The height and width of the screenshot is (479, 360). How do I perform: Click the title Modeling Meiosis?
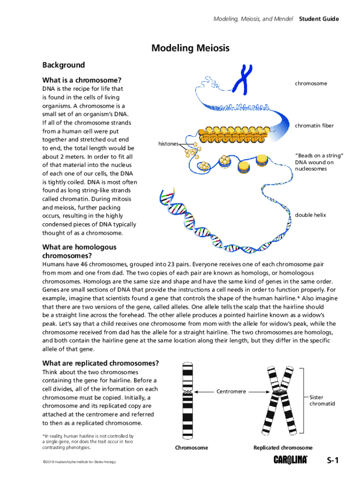tap(190, 48)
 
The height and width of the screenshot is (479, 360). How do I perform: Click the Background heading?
tap(64, 65)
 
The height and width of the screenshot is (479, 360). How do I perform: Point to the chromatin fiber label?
tap(314, 125)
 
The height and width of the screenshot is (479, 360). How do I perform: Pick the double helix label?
tap(310, 215)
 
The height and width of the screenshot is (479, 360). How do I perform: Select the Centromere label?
tap(231, 391)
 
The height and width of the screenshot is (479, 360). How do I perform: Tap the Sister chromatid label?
tap(322, 400)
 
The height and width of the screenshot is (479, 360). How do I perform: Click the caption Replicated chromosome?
tap(283, 448)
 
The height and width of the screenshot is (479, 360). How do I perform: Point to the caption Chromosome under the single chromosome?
tap(191, 448)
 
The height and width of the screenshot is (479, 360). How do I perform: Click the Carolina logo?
tap(290, 460)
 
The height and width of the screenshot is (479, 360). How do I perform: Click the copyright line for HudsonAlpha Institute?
tap(79, 462)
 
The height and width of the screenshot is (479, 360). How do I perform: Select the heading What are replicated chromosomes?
tap(101, 363)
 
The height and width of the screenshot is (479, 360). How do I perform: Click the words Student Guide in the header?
tap(319, 19)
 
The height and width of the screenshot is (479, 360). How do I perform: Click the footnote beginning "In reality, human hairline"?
tap(87, 441)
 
